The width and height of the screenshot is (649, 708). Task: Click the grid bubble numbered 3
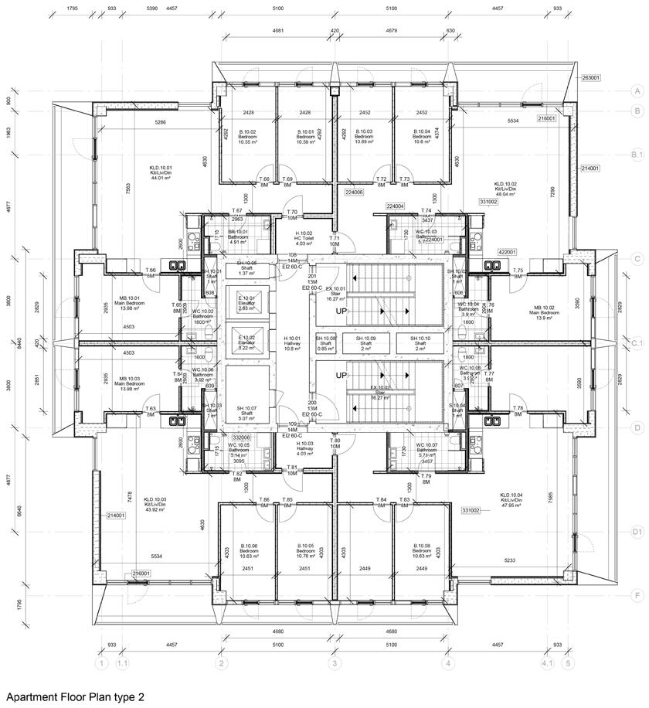click(335, 662)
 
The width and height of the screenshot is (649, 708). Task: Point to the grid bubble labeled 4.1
click(547, 662)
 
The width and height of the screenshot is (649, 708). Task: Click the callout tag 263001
click(590, 78)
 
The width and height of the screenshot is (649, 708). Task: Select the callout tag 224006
click(355, 192)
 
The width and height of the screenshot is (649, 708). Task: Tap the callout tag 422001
click(506, 251)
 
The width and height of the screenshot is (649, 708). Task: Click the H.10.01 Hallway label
click(293, 343)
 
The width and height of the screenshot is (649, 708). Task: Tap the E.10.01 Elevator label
click(246, 303)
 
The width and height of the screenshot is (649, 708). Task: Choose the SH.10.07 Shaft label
click(246, 413)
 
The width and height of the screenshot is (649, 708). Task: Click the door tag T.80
click(335, 443)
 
